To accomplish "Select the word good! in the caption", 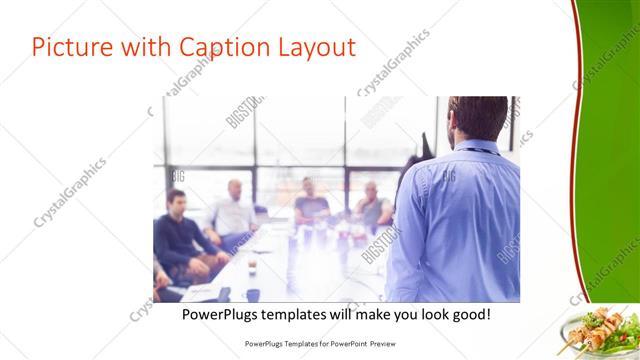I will (466, 314).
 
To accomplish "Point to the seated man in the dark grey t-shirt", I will (311, 204).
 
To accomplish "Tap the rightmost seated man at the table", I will (371, 207).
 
